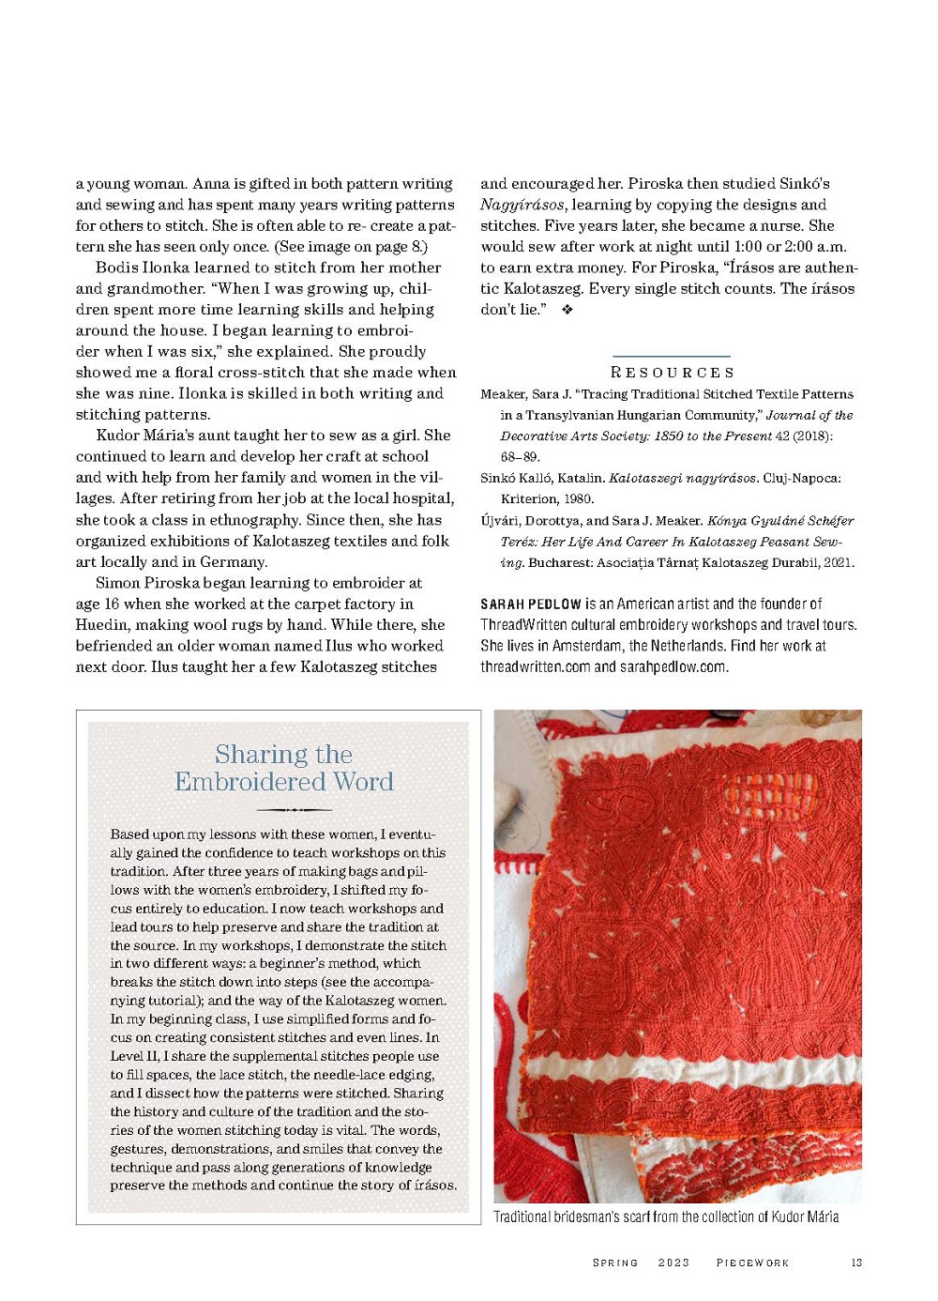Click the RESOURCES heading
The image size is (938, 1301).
click(672, 373)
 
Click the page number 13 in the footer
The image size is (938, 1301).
click(856, 1263)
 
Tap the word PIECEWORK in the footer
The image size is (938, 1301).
click(752, 1263)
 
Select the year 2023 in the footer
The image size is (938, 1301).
click(673, 1263)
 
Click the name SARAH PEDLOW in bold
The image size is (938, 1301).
click(531, 604)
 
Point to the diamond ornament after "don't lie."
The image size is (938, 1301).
click(567, 310)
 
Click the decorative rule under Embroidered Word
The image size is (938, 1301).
click(283, 808)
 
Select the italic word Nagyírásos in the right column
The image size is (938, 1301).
click(522, 205)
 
